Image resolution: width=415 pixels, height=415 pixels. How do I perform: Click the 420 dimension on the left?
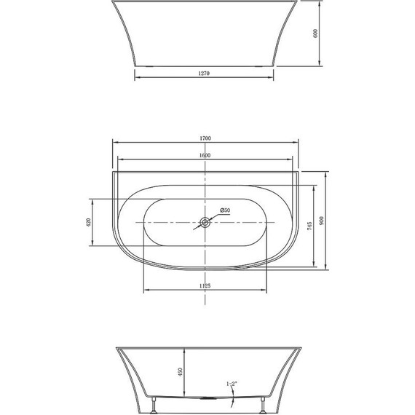point(88,223)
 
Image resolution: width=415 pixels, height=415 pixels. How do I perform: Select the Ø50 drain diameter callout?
point(224,210)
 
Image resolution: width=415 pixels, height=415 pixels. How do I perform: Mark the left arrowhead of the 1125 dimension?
point(146,290)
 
